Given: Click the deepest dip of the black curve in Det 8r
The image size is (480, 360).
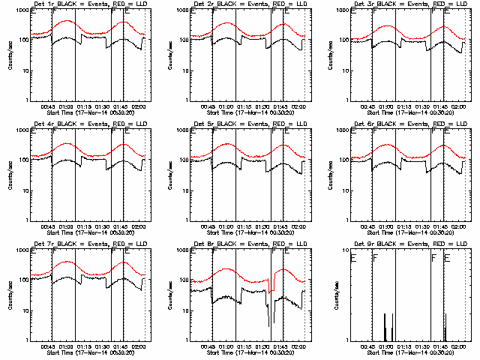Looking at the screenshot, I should point(269,325).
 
